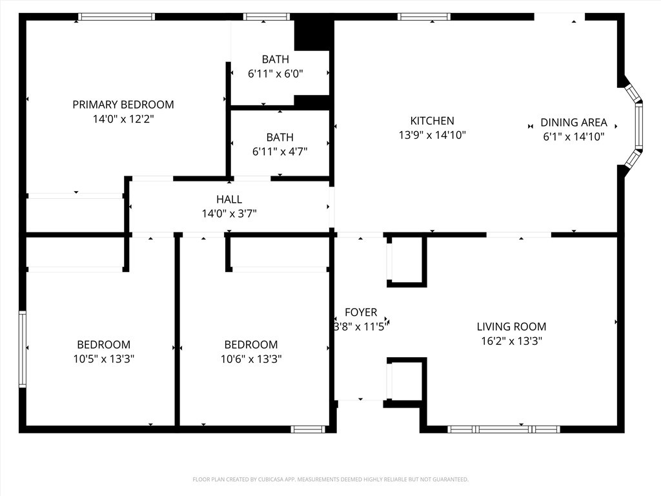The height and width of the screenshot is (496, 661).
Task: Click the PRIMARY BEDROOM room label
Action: click(123, 105)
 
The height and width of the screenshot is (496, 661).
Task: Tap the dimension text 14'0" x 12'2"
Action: click(123, 119)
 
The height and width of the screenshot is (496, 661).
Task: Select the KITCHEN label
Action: click(432, 121)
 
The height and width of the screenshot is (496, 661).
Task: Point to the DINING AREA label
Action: click(574, 123)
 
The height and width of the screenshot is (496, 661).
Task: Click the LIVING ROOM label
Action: click(511, 327)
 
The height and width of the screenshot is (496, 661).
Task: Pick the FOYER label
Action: click(361, 313)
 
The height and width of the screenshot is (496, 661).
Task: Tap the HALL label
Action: click(229, 200)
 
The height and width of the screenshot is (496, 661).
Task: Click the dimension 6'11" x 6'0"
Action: click(275, 74)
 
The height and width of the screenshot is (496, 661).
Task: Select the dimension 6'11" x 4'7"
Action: click(280, 151)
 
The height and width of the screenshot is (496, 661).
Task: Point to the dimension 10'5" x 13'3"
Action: click(104, 359)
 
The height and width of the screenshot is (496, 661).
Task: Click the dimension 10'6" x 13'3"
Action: click(251, 359)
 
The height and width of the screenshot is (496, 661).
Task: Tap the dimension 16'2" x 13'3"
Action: click(511, 341)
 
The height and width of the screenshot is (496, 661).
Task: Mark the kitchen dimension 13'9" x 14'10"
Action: click(432, 136)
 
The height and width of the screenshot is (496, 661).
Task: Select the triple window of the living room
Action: click(503, 429)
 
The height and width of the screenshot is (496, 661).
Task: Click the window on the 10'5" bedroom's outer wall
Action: click(23, 349)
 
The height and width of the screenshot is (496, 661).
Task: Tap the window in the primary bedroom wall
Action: click(116, 17)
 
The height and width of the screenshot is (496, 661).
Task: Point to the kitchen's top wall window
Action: click(424, 17)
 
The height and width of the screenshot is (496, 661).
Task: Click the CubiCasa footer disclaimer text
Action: click(330, 480)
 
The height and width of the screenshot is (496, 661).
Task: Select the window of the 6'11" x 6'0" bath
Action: click(267, 17)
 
